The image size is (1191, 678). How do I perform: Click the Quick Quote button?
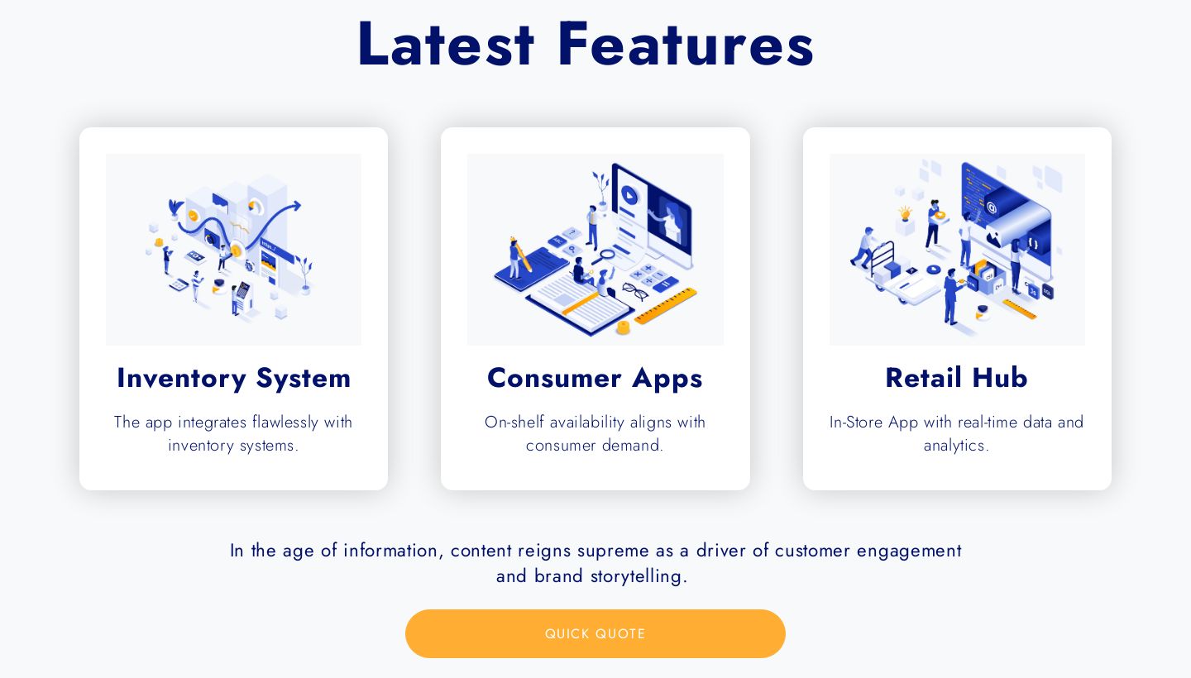tap(595, 633)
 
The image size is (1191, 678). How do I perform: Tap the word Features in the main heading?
tap(686, 44)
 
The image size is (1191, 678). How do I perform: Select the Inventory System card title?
tap(233, 379)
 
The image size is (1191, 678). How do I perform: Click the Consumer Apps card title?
tap(595, 379)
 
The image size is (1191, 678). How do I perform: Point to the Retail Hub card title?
tap(956, 378)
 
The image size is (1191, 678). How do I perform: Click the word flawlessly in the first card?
tap(285, 422)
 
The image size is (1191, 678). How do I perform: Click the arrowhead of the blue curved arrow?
tap(295, 206)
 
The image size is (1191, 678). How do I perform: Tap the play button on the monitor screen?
tap(629, 195)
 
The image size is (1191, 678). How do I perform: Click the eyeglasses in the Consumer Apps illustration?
tap(635, 291)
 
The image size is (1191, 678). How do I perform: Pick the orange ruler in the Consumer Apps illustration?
tap(666, 305)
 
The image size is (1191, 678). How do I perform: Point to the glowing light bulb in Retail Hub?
tap(905, 213)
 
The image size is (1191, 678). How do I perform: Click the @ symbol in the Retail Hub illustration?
tap(991, 208)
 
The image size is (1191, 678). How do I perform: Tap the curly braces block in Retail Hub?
tap(1033, 243)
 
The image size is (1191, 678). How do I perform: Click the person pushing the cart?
tap(863, 247)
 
